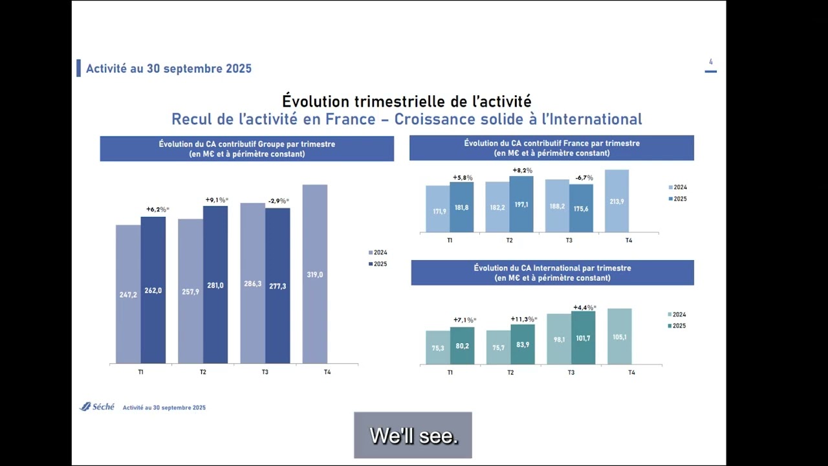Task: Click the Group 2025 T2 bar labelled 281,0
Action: pos(215,285)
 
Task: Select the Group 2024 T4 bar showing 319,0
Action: pos(314,274)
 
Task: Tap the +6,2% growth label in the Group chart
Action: pos(157,210)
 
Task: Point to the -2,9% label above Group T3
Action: pos(278,201)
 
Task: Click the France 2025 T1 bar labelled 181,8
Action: pos(461,207)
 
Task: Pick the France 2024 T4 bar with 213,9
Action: pos(616,201)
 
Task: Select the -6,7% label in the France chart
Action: pos(584,178)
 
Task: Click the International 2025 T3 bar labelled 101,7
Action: pos(583,338)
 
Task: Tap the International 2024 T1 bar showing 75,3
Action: pos(438,348)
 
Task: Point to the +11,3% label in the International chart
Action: pos(524,319)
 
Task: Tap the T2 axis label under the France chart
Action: pos(509,240)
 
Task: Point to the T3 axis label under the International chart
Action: pos(571,373)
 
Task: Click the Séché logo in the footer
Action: pos(97,406)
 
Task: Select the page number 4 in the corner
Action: pos(711,62)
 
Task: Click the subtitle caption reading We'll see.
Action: pos(413,436)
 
